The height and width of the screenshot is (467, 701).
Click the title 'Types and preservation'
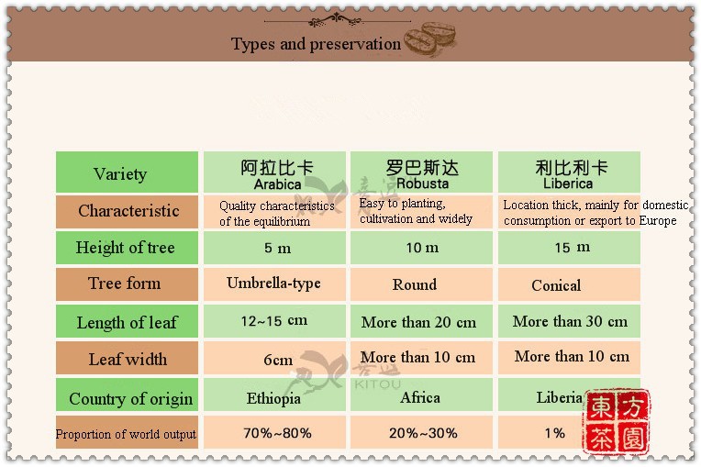coord(316,44)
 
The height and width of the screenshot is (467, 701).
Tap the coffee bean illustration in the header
coord(430,39)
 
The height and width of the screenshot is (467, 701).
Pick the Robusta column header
coord(422,173)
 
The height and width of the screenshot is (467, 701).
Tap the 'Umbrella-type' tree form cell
coord(273,284)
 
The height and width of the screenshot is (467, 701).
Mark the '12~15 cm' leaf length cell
coord(274,321)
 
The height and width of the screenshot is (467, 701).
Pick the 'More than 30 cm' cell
coord(570,321)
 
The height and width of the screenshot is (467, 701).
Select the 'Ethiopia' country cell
coord(273,398)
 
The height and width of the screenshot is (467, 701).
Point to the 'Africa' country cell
coord(420,397)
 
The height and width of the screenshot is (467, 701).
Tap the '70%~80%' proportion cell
coord(277,433)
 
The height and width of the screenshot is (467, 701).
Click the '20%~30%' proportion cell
coord(423,433)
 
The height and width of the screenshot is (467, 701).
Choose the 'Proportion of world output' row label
coord(126,434)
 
